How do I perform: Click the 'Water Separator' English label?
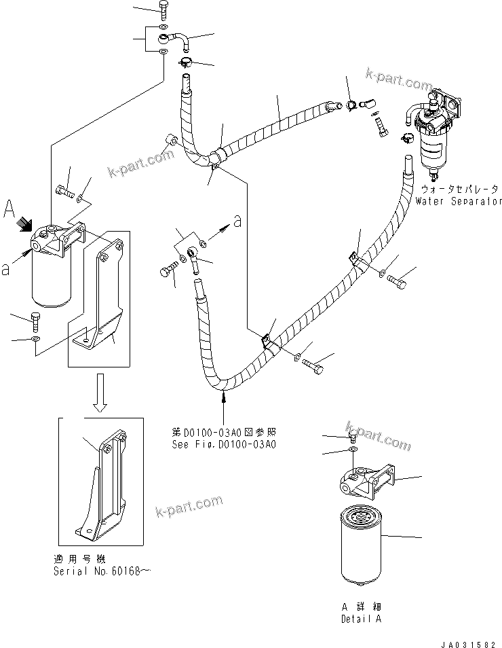point(459,201)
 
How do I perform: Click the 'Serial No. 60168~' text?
point(101,571)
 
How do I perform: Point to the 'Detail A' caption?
point(360,619)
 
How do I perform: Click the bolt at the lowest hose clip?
point(314,365)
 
